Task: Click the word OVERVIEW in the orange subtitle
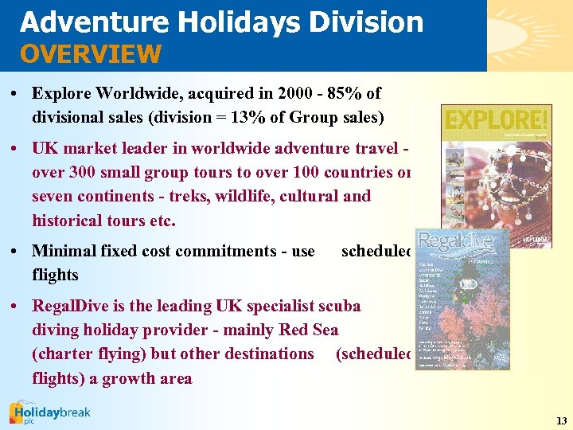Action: [x=91, y=54]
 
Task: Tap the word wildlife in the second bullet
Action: [x=244, y=195]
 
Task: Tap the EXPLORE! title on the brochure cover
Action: [x=497, y=120]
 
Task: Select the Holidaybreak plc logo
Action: [x=49, y=412]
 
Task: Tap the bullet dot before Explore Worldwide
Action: [x=17, y=94]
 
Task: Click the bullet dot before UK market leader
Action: [x=17, y=148]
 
